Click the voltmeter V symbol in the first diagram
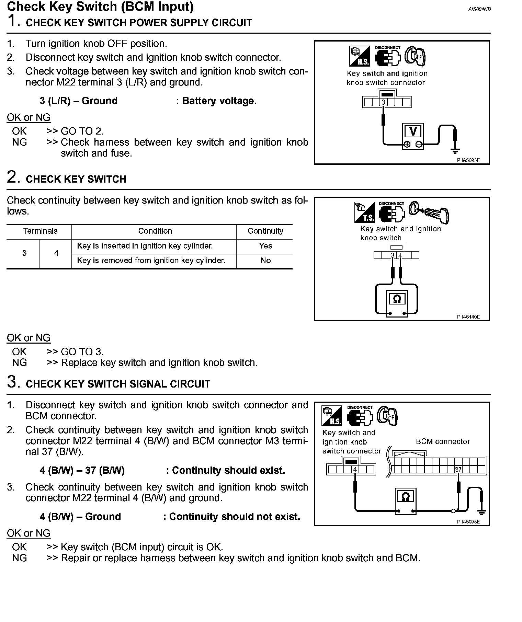413,131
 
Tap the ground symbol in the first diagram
456,150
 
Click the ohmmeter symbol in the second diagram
397,299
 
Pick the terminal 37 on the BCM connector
458,469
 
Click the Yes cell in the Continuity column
265,246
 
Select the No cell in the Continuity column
265,261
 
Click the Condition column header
155,231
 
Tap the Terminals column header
40,231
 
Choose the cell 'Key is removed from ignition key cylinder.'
151,261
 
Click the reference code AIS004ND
479,9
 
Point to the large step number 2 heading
12,177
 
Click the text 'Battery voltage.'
219,101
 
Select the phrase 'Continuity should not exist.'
235,517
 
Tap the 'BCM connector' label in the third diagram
442,441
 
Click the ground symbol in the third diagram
482,512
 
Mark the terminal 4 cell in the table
56,253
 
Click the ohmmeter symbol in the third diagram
405,497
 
